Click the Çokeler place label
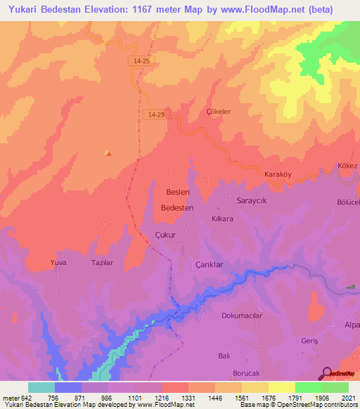(x=219, y=111)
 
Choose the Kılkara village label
(x=223, y=219)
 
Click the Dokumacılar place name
(x=242, y=316)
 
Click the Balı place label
(x=224, y=356)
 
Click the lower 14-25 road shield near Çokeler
(x=156, y=114)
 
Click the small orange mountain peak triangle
(x=108, y=152)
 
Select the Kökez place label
(x=347, y=165)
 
